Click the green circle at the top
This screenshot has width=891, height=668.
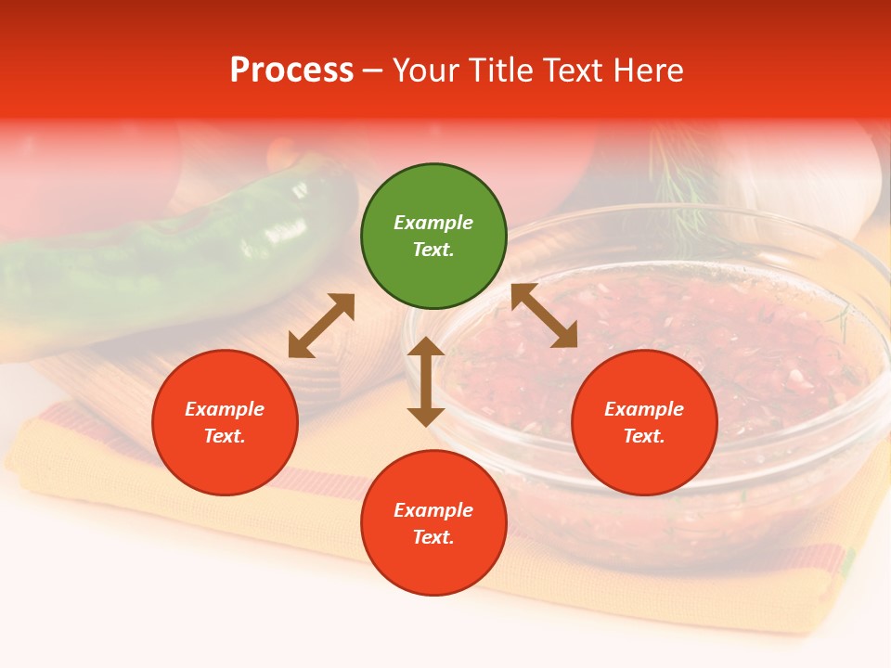click(x=433, y=237)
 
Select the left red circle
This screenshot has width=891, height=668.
click(x=225, y=423)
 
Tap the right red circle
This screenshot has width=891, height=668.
click(x=644, y=423)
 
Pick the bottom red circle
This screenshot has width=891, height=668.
click(x=433, y=523)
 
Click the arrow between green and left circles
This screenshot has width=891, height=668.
click(x=321, y=326)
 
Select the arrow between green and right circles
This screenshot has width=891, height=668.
click(x=544, y=315)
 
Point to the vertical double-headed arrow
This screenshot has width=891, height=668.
click(x=426, y=381)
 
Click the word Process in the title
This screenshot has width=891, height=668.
click(x=291, y=71)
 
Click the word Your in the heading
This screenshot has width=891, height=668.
click(x=425, y=71)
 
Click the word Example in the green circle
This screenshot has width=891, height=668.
click(x=433, y=223)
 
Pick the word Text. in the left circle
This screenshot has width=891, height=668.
click(x=225, y=436)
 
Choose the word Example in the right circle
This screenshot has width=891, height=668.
click(x=644, y=409)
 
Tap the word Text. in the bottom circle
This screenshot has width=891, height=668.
click(x=433, y=537)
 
